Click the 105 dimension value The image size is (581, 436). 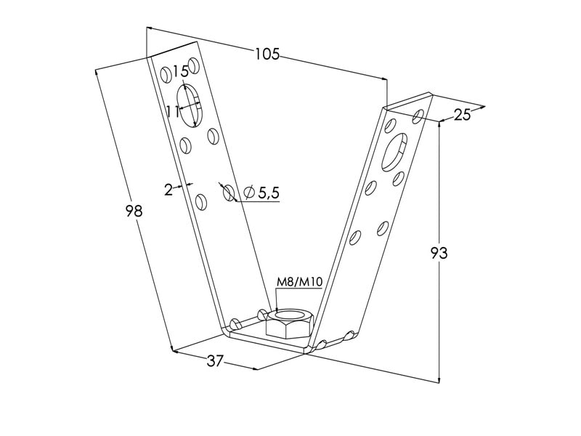tap(267, 54)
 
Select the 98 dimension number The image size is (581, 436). tap(134, 211)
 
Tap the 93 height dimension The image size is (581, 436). tap(439, 253)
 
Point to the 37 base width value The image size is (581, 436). tap(215, 360)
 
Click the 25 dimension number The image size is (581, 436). tap(462, 115)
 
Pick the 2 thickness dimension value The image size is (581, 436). tap(168, 190)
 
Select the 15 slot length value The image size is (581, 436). tap(180, 70)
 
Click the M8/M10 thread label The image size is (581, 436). tap(300, 283)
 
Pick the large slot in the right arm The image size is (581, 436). tap(394, 153)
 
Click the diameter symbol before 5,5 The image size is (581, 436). tap(249, 192)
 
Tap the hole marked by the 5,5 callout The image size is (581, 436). tap(228, 193)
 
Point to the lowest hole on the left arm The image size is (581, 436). tap(201, 202)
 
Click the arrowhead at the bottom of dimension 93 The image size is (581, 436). tap(439, 379)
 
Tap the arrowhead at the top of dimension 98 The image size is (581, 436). tap(97, 72)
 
